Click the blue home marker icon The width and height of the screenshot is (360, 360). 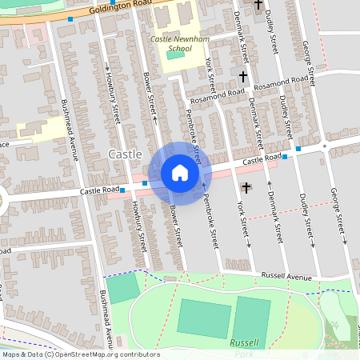coord(179,173)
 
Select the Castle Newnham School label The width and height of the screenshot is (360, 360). coord(171,43)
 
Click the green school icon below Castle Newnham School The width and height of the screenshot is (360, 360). coord(170,56)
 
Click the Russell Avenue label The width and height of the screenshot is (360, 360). coord(286,277)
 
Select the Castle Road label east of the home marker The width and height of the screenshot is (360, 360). coord(262,160)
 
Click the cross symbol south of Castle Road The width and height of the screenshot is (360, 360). coord(246,189)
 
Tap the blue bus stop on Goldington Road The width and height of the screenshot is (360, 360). coord(70,18)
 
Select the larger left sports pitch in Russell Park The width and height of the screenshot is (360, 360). coord(203,318)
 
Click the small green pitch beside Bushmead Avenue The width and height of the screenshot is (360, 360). coord(122,288)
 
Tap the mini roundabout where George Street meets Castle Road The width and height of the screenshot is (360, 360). coord(326,146)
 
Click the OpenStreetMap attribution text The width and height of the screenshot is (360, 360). coord(80,354)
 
